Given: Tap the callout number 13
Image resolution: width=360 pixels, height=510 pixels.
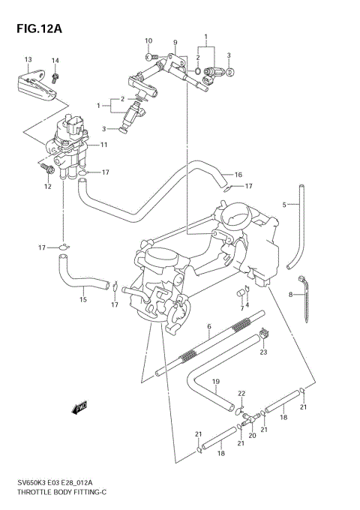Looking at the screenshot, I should coord(28,59).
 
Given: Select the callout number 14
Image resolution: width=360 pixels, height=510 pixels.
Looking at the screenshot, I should coord(55,60).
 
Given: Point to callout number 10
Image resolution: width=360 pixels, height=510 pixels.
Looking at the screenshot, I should coord(148,40).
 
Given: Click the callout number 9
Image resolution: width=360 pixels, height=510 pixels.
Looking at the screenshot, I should coord(174,42).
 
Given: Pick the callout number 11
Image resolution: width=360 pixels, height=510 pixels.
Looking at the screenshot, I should coord(104,144).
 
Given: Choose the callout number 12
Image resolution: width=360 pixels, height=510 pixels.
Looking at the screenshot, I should coord(46,186).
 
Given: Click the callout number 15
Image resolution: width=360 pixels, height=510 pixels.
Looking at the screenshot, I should coord(83,300).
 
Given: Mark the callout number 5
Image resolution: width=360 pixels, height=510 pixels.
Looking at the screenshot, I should coord(285,204).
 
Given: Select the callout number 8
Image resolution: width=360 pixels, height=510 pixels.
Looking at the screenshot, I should coord(290,295).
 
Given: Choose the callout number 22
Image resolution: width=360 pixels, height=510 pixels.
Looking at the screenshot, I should coord(241,393).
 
